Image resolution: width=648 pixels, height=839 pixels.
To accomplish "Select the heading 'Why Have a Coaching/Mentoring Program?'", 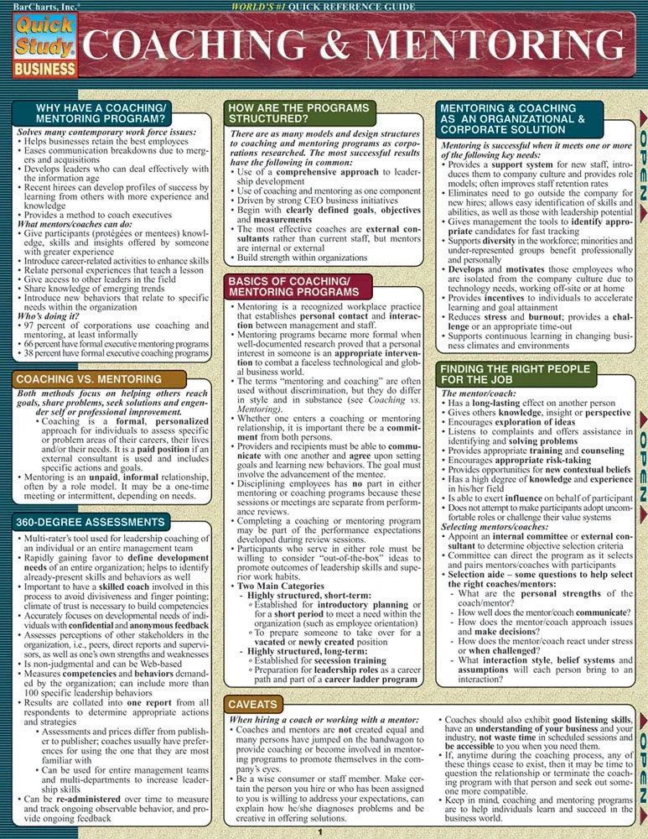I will [101, 114].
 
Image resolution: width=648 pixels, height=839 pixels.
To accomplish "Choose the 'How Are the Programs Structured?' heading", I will [299, 114].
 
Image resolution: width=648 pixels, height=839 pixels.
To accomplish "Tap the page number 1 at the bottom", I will [319, 831].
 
